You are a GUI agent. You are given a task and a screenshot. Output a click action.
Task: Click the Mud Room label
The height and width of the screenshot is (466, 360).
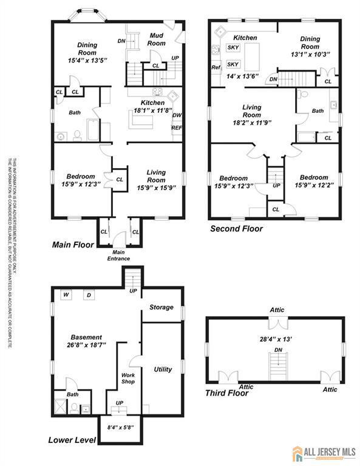[x=157, y=39]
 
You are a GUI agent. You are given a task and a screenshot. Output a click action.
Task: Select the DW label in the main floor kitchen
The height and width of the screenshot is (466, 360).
[x=176, y=116]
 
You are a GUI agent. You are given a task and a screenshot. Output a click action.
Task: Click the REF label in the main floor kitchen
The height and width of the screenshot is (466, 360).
[x=176, y=128]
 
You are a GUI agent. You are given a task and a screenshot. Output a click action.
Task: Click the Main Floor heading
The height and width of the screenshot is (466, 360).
[x=73, y=245]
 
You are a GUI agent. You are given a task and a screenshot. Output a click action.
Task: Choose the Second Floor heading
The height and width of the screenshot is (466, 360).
[x=236, y=229]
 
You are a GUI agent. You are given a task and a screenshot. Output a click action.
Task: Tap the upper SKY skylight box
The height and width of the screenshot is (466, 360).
[x=233, y=47]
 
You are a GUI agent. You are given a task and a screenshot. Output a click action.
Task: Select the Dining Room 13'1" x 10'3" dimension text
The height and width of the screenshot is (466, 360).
[x=310, y=54]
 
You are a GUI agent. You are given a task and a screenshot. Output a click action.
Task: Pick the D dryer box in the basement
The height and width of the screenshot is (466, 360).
[x=88, y=295]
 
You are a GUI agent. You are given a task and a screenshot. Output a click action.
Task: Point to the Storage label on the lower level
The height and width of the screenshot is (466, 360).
[x=161, y=308]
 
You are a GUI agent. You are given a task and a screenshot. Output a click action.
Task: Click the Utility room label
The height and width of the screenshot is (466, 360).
[x=163, y=369]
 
